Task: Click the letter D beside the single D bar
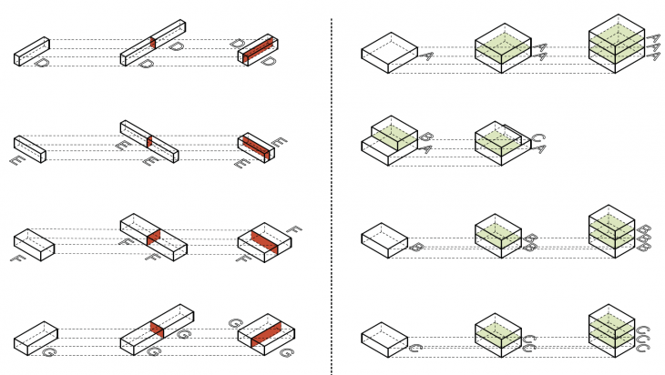point(41,64)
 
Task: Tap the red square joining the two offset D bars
point(153,43)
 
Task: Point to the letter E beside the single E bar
point(16,160)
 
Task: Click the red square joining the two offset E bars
point(148,142)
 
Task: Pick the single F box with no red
point(35,241)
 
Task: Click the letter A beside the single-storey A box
point(426,56)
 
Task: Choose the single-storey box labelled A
point(389,53)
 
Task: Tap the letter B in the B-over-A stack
point(425,137)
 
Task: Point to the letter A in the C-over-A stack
point(537,150)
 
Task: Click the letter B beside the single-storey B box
point(415,247)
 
